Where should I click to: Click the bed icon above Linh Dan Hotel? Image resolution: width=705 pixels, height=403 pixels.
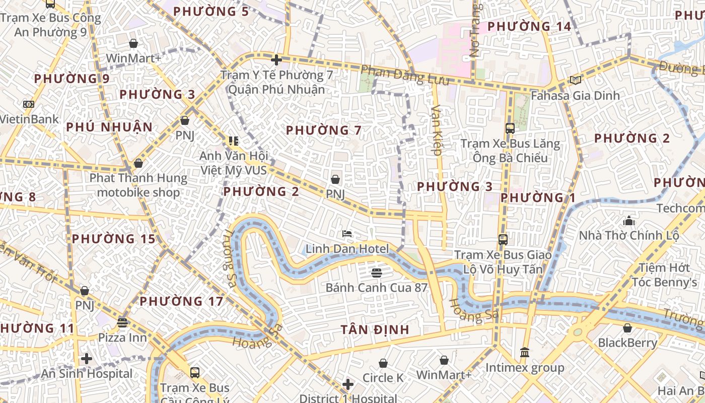[x=347, y=234]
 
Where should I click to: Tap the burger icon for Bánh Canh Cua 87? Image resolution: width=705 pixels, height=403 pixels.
[x=376, y=273]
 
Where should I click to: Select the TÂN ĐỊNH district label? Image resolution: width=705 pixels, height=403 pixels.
[x=375, y=329]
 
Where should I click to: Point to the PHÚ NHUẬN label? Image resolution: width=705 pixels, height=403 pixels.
[x=109, y=127]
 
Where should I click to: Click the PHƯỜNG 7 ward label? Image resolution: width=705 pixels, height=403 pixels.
[x=324, y=130]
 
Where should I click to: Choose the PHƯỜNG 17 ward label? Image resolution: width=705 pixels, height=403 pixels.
[x=181, y=302]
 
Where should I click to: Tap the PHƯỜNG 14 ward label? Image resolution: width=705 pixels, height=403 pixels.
[x=529, y=26]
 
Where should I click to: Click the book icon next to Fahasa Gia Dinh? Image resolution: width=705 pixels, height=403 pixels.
[x=575, y=80]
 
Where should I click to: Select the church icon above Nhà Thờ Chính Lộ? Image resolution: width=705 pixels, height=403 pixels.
[x=628, y=221]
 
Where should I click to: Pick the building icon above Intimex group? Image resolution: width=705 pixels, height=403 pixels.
[x=525, y=352]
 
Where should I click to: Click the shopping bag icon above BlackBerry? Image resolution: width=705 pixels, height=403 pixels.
[x=627, y=328]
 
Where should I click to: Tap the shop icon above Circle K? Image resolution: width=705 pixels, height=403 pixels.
[x=383, y=363]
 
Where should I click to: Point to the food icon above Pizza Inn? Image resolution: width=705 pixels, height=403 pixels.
[x=122, y=322]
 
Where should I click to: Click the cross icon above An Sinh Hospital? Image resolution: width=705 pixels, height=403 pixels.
[x=87, y=359]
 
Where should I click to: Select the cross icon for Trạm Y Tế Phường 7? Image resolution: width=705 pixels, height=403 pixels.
[x=276, y=60]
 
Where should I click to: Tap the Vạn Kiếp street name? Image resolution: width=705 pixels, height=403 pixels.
[x=436, y=129]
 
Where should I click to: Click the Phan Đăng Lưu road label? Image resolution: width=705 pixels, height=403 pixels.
[x=404, y=76]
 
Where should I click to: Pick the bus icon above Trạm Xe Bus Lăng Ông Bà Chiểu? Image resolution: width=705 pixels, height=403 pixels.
[x=510, y=128]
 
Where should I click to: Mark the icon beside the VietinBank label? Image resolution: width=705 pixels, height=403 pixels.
[x=29, y=104]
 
